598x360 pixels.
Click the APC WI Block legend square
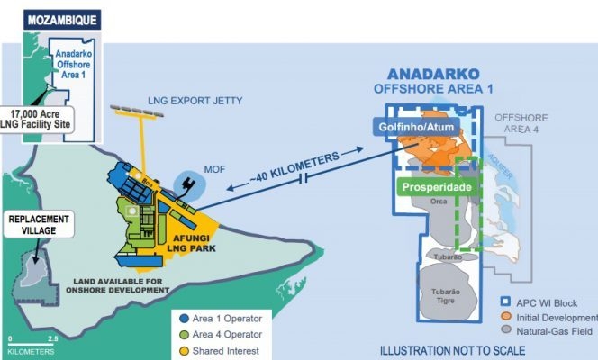(506, 302)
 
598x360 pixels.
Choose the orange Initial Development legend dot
(506, 317)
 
